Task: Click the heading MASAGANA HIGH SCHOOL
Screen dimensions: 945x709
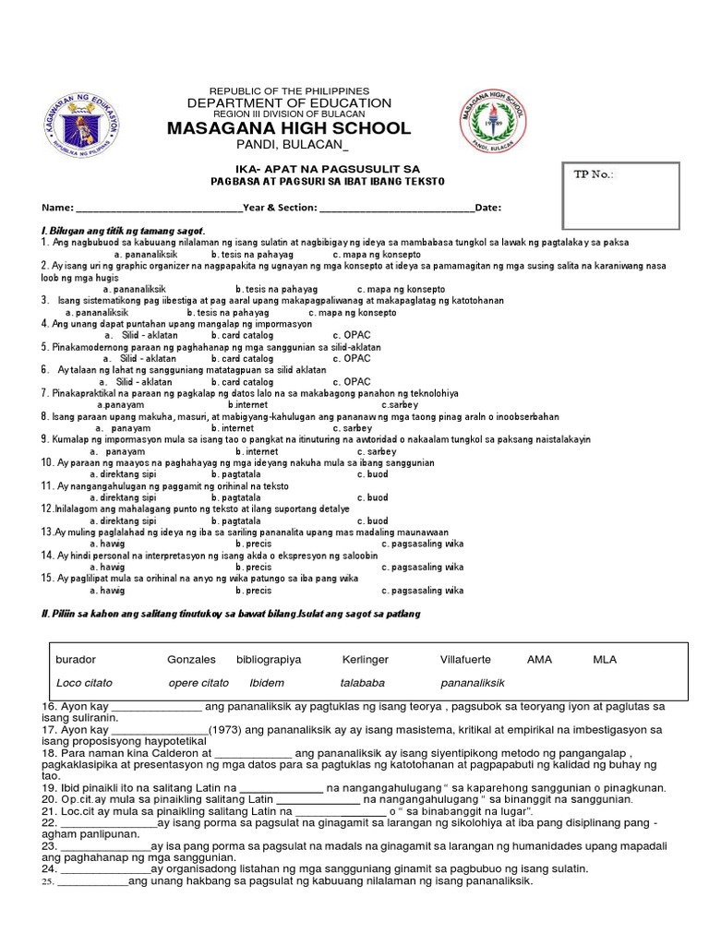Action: (x=289, y=128)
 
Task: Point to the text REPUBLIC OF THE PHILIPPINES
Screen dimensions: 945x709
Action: (x=289, y=90)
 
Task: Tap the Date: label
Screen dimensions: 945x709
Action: (x=488, y=208)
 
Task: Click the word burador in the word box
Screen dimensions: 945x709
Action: (x=77, y=660)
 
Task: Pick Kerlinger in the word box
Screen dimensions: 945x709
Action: (x=365, y=660)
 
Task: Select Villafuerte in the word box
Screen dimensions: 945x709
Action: (x=465, y=660)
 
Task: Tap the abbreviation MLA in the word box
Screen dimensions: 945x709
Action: (x=605, y=660)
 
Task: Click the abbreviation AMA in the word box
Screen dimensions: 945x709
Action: (x=539, y=660)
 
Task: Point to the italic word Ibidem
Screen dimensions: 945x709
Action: (x=268, y=683)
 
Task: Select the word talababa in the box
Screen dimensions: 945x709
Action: (x=362, y=683)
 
